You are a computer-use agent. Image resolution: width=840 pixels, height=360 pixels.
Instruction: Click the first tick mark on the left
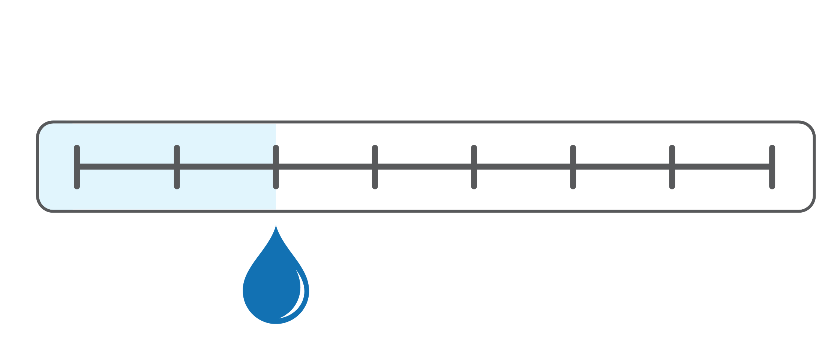(x=77, y=167)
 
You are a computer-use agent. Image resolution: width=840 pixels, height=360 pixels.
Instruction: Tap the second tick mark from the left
(x=177, y=167)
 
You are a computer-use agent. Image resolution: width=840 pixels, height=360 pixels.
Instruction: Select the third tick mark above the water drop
(x=276, y=167)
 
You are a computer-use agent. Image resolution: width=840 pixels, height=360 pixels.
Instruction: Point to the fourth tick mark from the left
(x=375, y=167)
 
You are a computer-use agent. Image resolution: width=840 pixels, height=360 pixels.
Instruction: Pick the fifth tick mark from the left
(x=474, y=167)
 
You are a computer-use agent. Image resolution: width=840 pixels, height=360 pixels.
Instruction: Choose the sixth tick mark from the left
(x=573, y=167)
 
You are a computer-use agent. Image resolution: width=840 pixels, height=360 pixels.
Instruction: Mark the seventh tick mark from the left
(x=672, y=167)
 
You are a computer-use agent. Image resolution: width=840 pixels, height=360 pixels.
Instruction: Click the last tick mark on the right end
(x=772, y=167)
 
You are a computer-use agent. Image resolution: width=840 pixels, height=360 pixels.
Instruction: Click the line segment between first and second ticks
(x=127, y=167)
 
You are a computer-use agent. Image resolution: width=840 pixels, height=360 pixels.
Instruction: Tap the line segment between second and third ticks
(x=226, y=167)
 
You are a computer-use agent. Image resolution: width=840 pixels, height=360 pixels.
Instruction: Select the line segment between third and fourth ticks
(x=325, y=167)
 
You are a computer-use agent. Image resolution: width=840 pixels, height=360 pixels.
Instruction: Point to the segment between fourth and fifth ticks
(x=424, y=167)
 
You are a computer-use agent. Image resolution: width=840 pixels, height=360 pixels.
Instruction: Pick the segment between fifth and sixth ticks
(x=523, y=167)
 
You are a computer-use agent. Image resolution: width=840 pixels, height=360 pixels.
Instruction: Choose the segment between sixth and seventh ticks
(x=622, y=167)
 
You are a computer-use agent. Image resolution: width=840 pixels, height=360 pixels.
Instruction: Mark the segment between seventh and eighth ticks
(x=722, y=167)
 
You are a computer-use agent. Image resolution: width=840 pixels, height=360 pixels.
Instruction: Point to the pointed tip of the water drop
(x=276, y=227)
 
